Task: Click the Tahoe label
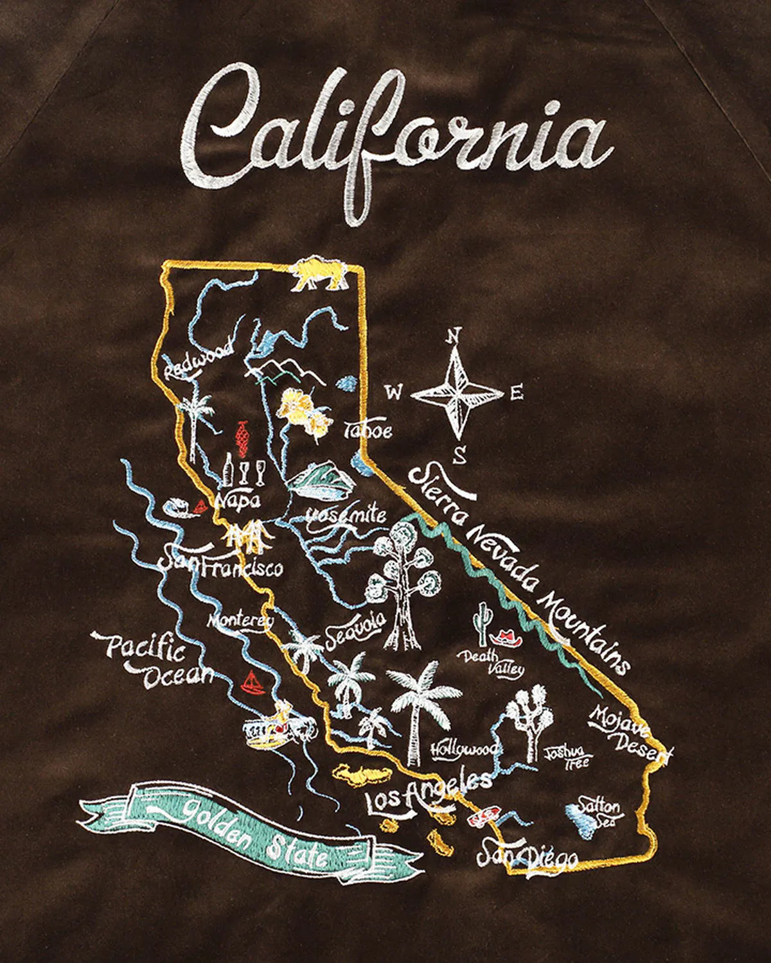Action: coord(368,431)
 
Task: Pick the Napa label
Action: coord(235,498)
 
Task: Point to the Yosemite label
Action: coord(346,516)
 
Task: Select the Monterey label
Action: coord(241,621)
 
